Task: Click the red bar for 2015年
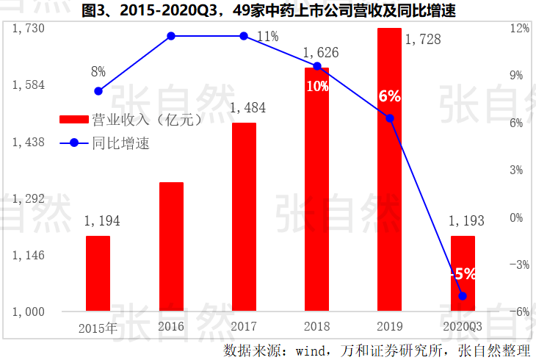98,273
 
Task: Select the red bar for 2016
171,246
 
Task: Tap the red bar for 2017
244,217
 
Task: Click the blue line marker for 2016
171,36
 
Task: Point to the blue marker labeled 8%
98,91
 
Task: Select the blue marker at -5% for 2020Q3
463,296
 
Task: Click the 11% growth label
267,36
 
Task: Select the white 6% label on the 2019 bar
389,96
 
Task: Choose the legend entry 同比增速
121,143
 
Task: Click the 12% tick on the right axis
520,28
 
